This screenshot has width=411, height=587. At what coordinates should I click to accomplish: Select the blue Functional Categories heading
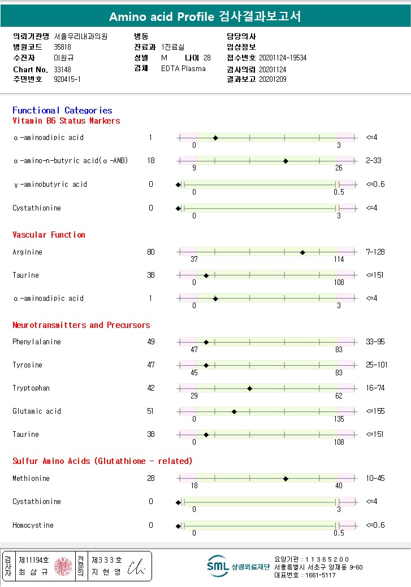tap(62, 111)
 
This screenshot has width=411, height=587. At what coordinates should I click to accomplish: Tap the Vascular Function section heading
tap(49, 235)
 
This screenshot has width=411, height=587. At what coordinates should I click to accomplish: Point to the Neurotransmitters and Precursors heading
tap(81, 325)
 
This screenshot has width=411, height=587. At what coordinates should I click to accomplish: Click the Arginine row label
tap(27, 252)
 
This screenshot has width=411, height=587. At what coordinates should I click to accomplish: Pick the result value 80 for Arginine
tap(150, 252)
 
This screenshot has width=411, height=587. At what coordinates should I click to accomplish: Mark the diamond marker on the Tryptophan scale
tap(249, 388)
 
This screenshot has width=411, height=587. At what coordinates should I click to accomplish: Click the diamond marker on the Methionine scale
tap(285, 479)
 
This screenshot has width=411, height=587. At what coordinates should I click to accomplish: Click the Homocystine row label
tap(33, 525)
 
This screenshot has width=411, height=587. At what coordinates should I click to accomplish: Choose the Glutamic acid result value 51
tap(150, 411)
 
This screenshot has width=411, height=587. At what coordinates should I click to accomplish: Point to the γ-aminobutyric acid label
tap(50, 185)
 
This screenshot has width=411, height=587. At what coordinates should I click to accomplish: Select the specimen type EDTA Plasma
tap(183, 69)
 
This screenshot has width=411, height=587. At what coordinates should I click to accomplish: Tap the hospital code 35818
tap(63, 47)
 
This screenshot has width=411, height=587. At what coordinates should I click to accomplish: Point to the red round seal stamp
tap(63, 566)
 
